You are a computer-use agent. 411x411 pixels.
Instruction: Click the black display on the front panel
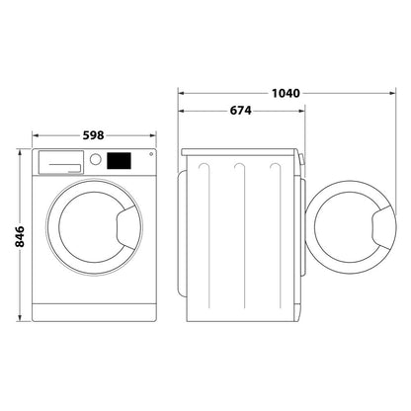[119, 160]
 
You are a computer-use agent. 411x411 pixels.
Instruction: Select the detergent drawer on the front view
[60, 159]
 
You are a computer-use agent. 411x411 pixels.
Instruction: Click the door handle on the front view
[124, 228]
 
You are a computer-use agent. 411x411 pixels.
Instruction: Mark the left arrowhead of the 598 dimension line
[37, 134]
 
